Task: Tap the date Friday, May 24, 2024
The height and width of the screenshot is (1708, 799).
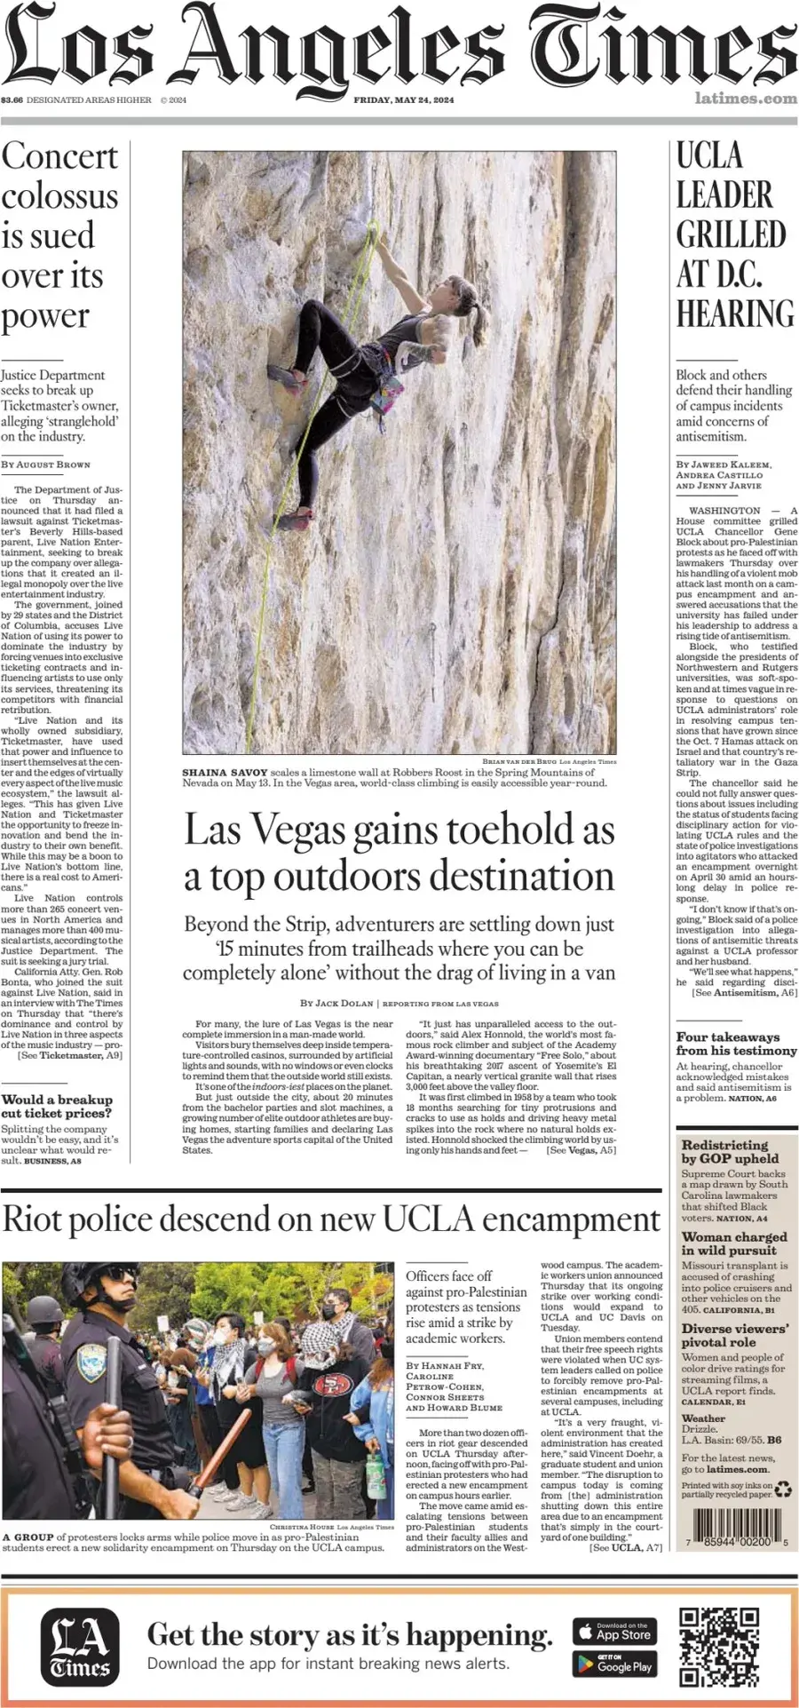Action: click(x=403, y=99)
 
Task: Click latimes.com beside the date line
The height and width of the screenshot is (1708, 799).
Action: click(x=745, y=99)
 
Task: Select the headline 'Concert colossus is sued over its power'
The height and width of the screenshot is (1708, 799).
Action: click(x=59, y=236)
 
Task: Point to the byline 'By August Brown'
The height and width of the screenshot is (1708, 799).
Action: click(x=45, y=465)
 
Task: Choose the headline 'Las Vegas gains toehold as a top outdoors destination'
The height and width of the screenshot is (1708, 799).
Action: click(x=399, y=853)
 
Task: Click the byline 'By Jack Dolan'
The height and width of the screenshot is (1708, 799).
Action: click(x=336, y=1003)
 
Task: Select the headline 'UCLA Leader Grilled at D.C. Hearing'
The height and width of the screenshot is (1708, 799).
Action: click(x=735, y=235)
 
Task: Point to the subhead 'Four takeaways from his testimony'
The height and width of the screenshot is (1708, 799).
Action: click(x=736, y=1044)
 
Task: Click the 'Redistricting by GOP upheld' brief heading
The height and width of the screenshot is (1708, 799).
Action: click(x=730, y=1152)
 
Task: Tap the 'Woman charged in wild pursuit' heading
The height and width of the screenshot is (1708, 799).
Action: click(x=733, y=1243)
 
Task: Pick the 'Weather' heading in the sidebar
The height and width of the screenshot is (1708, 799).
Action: click(x=703, y=1418)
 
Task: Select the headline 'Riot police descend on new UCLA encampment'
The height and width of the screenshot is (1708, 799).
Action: click(x=331, y=1219)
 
